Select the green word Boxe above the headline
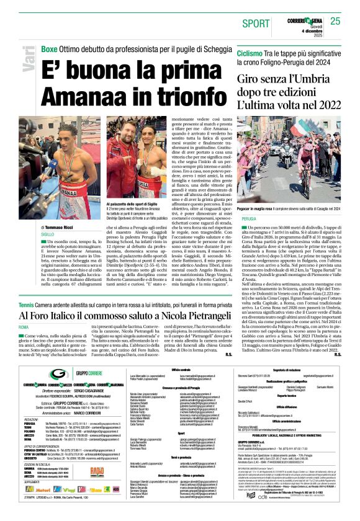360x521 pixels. [49, 49]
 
